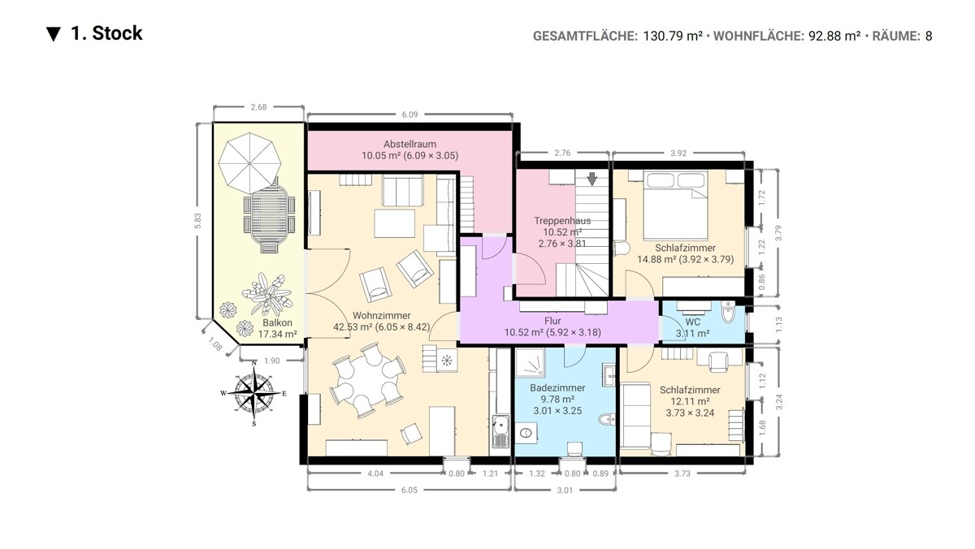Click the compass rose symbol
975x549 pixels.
(253, 393)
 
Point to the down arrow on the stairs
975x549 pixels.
(591, 179)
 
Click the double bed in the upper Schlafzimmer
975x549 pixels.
(675, 205)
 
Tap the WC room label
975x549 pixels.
(692, 322)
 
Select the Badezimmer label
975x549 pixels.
(557, 387)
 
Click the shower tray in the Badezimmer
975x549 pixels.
(530, 362)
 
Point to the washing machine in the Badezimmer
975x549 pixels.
(526, 433)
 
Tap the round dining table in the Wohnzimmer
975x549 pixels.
(368, 379)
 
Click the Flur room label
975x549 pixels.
(552, 321)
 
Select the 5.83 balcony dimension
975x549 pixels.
(197, 221)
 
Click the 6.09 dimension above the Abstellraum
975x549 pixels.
(409, 115)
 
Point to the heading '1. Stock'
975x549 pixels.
(106, 33)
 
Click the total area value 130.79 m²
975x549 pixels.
(673, 36)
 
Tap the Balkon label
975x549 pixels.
(277, 322)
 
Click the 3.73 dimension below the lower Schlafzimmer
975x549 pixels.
(682, 473)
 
